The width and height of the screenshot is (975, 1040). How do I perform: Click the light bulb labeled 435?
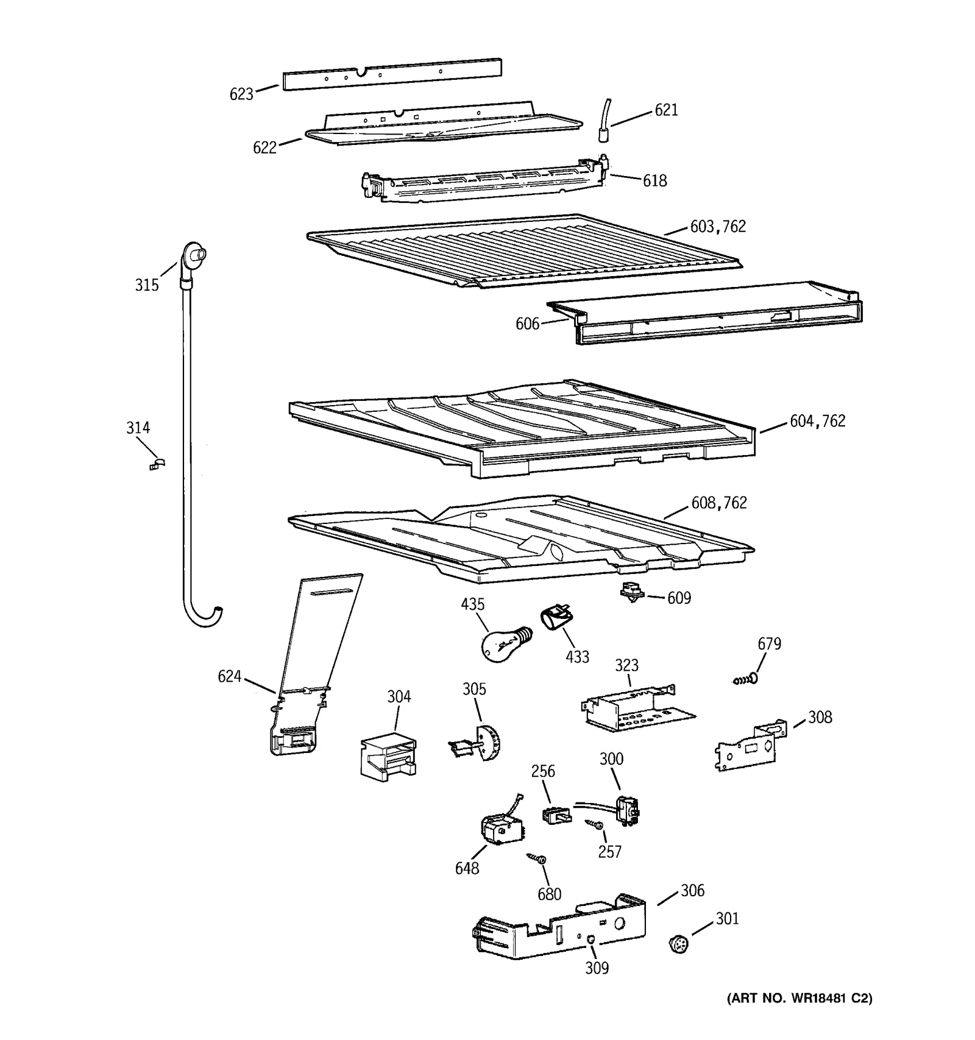point(503,645)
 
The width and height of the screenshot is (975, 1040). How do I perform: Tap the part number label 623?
point(241,94)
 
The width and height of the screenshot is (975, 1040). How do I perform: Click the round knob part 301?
point(678,944)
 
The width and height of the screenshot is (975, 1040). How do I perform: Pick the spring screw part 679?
point(746,678)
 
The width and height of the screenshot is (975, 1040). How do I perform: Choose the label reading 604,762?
point(817,422)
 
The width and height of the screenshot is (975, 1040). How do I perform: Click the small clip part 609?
point(632,592)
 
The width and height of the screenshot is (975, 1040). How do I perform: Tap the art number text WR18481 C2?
point(800,999)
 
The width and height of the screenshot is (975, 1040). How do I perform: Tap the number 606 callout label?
point(527,324)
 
